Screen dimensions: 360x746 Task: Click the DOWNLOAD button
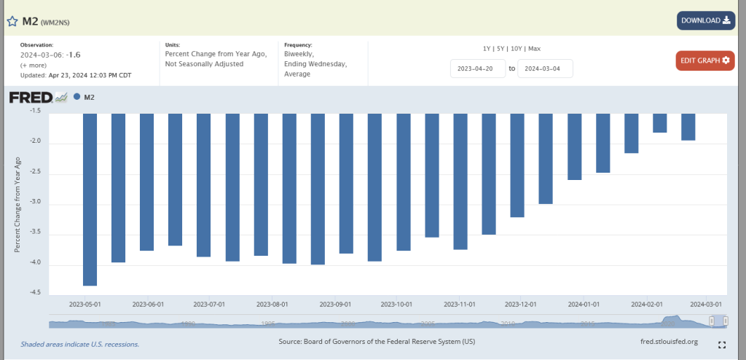tap(705, 20)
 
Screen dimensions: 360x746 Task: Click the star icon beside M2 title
tap(12, 21)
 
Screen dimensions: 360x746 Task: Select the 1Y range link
tap(487, 48)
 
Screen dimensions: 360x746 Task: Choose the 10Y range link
tap(517, 48)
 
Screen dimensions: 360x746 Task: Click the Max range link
tap(534, 48)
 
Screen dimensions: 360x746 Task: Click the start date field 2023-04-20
tap(478, 69)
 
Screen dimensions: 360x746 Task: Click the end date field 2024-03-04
tap(545, 69)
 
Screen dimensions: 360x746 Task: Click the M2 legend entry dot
tap(77, 97)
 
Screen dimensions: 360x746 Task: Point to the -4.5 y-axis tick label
tap(35, 293)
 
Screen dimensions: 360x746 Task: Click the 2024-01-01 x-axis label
tap(584, 305)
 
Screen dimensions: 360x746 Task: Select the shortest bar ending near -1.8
tap(660, 123)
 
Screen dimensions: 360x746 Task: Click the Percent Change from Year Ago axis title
tap(17, 204)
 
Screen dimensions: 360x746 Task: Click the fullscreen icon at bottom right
tap(722, 345)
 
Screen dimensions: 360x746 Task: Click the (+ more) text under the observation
tap(34, 65)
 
